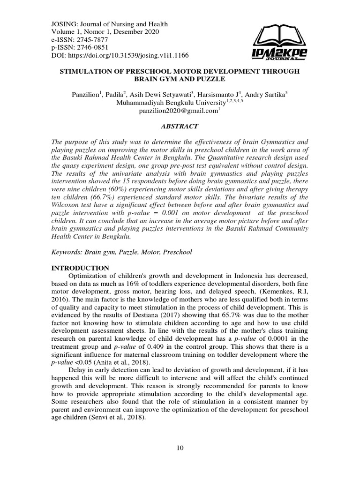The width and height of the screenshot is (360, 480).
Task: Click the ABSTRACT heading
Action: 180,126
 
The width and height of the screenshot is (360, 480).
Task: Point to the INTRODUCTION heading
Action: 80,268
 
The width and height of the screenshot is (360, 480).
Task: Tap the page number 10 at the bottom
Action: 180,448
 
